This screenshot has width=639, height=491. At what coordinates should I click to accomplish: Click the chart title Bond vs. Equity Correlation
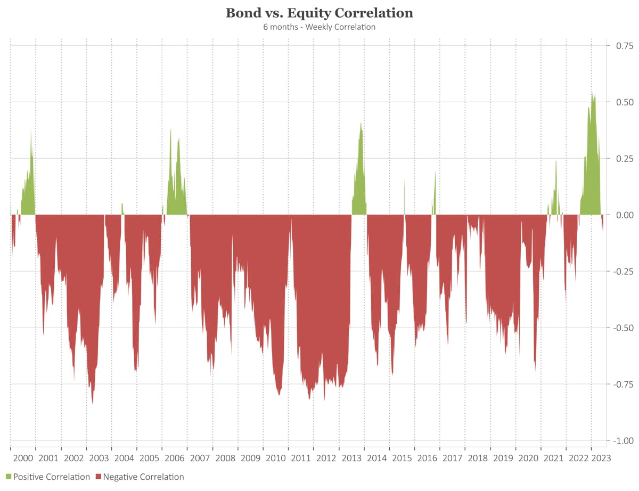pyautogui.click(x=319, y=13)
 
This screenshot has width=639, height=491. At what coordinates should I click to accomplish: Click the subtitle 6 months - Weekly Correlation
pyautogui.click(x=319, y=27)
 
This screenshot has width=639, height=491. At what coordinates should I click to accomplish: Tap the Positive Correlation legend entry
pyautogui.click(x=51, y=477)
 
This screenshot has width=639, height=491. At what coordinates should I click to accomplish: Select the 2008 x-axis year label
pyautogui.click(x=225, y=458)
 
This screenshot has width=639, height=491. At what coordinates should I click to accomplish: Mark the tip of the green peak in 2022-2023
pyautogui.click(x=592, y=92)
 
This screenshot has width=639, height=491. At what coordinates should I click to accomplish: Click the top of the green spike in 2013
pyautogui.click(x=361, y=123)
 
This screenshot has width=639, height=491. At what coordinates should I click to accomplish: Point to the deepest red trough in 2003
pyautogui.click(x=93, y=403)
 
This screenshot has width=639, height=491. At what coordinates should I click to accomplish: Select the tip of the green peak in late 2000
pyautogui.click(x=31, y=129)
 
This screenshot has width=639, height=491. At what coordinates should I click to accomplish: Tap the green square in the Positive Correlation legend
pyautogui.click(x=9, y=477)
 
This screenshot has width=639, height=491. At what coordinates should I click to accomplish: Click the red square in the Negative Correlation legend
pyautogui.click(x=99, y=477)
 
